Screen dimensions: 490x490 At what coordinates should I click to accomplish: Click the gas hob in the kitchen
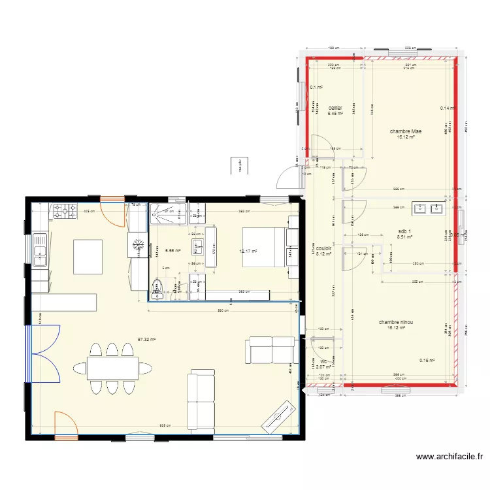(65, 211)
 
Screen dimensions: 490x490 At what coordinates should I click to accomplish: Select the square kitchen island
(88, 257)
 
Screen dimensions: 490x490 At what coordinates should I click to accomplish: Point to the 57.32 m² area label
(146, 339)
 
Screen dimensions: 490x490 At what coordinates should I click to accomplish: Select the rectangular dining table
(112, 368)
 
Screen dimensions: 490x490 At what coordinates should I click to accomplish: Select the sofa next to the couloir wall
(270, 350)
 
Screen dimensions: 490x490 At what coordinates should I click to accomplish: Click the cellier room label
(335, 108)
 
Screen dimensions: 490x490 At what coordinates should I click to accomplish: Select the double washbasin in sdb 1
(428, 209)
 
